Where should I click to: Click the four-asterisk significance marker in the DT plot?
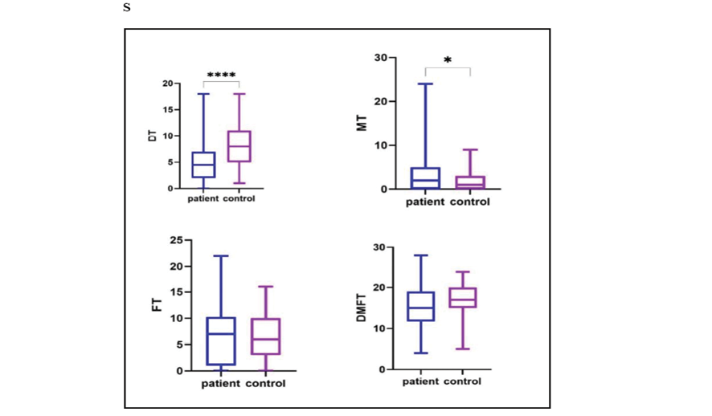pos(221,75)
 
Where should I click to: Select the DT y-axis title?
pos(152,137)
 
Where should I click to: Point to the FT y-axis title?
pos(158,305)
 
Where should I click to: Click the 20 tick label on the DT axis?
pos(167,84)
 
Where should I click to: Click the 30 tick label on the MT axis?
pos(380,58)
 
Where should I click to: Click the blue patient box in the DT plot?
pos(204,165)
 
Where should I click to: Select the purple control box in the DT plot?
pos(239,146)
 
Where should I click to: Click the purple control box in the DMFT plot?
pos(463,298)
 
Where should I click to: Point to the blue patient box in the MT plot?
pos(425,177)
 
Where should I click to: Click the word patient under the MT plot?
pos(425,202)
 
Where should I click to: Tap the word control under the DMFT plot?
pos(463,381)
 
